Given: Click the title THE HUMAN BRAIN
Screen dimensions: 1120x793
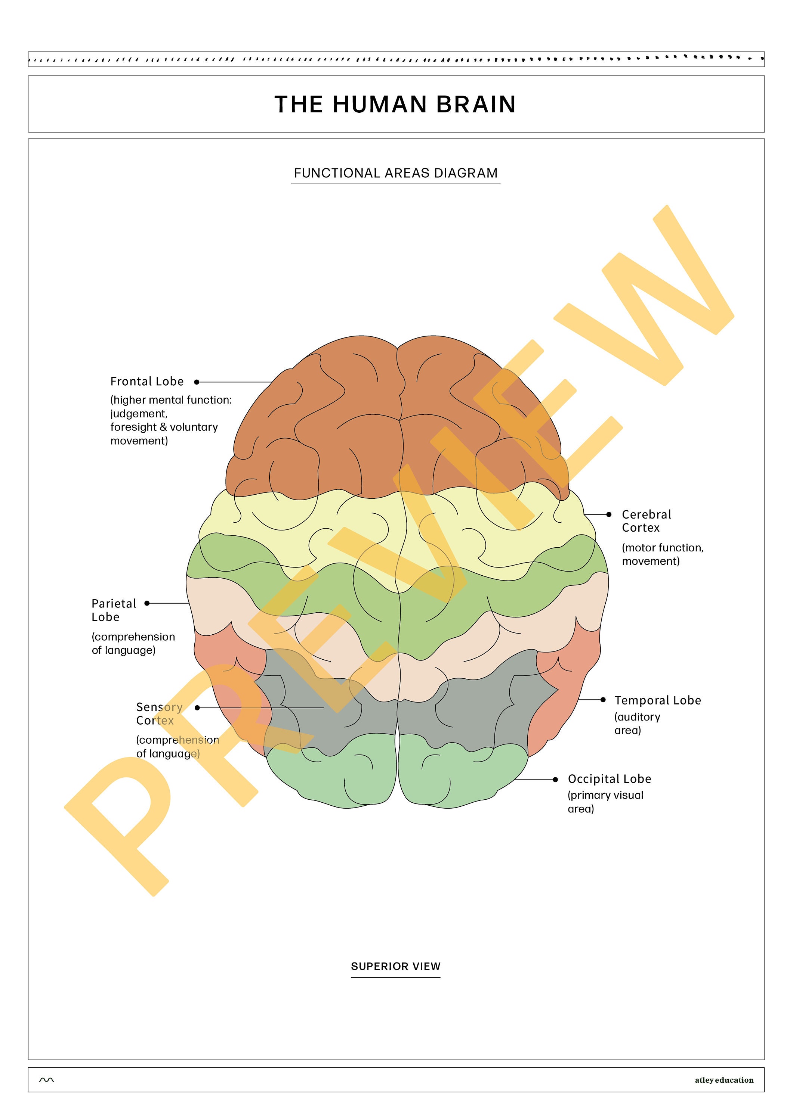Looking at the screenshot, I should pos(395,105).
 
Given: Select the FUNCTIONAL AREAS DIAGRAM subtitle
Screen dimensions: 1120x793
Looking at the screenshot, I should pos(395,173).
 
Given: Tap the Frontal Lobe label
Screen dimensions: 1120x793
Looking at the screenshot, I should pos(147,382).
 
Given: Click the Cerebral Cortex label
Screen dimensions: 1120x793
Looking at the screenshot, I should pos(646,521).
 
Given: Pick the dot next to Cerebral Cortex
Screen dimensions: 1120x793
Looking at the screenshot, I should pos(609,514).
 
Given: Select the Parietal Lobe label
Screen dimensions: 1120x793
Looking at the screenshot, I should pos(114,610).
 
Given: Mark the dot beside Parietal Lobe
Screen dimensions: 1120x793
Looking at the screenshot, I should pos(147,603).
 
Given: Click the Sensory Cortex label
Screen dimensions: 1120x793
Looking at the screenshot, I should pos(159,714).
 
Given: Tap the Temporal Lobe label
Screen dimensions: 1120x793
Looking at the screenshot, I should pos(657,700).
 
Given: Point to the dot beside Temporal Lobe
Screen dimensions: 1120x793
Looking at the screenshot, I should pos(603,700).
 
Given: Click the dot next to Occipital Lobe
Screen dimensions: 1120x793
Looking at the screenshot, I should pos(555,780).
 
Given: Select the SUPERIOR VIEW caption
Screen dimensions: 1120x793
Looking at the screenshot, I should pos(395,966).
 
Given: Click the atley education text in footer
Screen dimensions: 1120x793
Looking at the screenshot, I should pos(723,1080).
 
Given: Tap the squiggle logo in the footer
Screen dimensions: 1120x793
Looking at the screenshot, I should pos(46,1080).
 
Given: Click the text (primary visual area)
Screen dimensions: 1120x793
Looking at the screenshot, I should pos(605,802).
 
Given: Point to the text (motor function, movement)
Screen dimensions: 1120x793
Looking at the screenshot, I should pos(662,554).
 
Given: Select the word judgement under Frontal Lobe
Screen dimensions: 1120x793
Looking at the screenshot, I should pos(139,414).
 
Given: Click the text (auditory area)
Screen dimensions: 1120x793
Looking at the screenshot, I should pos(637,724).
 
